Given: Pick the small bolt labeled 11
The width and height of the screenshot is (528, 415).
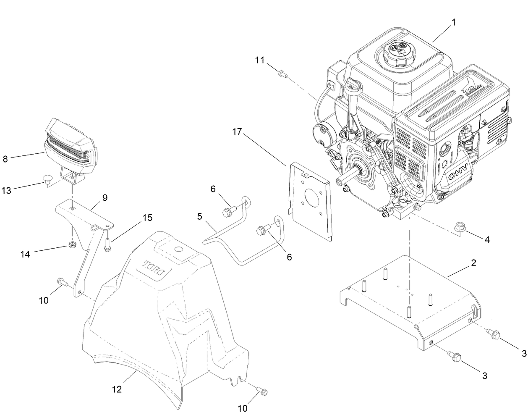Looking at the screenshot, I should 282,74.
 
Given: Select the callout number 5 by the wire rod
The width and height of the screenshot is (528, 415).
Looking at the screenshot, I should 199,217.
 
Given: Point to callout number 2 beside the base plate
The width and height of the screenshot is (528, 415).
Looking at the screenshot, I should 473,263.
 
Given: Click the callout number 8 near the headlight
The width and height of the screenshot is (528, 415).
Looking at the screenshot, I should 5,159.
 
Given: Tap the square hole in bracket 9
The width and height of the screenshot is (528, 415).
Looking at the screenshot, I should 73,208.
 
